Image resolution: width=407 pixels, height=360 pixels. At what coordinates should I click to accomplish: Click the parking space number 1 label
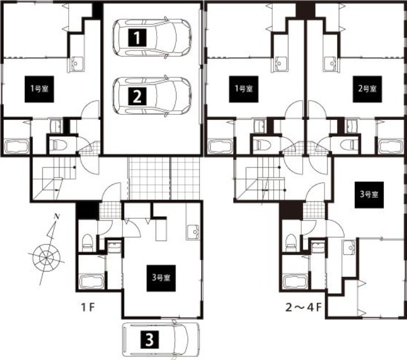(137, 38)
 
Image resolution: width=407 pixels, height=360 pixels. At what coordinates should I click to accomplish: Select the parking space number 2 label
(137, 96)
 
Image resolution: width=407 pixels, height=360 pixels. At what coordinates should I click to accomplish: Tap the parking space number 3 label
(149, 340)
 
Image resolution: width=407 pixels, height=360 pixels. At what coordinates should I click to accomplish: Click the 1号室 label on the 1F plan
(39, 89)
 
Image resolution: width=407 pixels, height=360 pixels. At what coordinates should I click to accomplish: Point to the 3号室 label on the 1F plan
(161, 278)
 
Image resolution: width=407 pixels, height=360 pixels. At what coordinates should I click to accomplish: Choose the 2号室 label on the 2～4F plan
(367, 89)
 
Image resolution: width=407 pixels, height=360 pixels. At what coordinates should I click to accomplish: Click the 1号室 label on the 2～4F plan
(244, 89)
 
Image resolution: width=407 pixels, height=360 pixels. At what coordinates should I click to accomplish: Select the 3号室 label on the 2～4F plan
(369, 195)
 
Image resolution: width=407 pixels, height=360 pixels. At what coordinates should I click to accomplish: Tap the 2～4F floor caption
(303, 308)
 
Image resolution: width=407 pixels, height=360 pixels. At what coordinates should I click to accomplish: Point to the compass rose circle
(46, 258)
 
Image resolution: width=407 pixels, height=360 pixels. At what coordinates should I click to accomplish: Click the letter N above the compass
(55, 217)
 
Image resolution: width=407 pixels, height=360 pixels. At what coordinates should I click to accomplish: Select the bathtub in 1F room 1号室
(17, 147)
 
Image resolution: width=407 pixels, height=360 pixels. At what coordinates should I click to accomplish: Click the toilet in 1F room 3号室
(87, 242)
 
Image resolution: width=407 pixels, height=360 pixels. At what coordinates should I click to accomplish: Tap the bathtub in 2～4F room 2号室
(391, 147)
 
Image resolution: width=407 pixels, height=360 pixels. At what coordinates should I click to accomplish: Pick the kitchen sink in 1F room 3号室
(193, 231)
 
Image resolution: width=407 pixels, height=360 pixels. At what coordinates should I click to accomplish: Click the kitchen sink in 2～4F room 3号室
(348, 248)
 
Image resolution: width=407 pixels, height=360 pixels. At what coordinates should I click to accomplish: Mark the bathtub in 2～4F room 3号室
(296, 281)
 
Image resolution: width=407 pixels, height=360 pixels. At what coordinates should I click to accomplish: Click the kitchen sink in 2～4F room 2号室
(330, 63)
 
